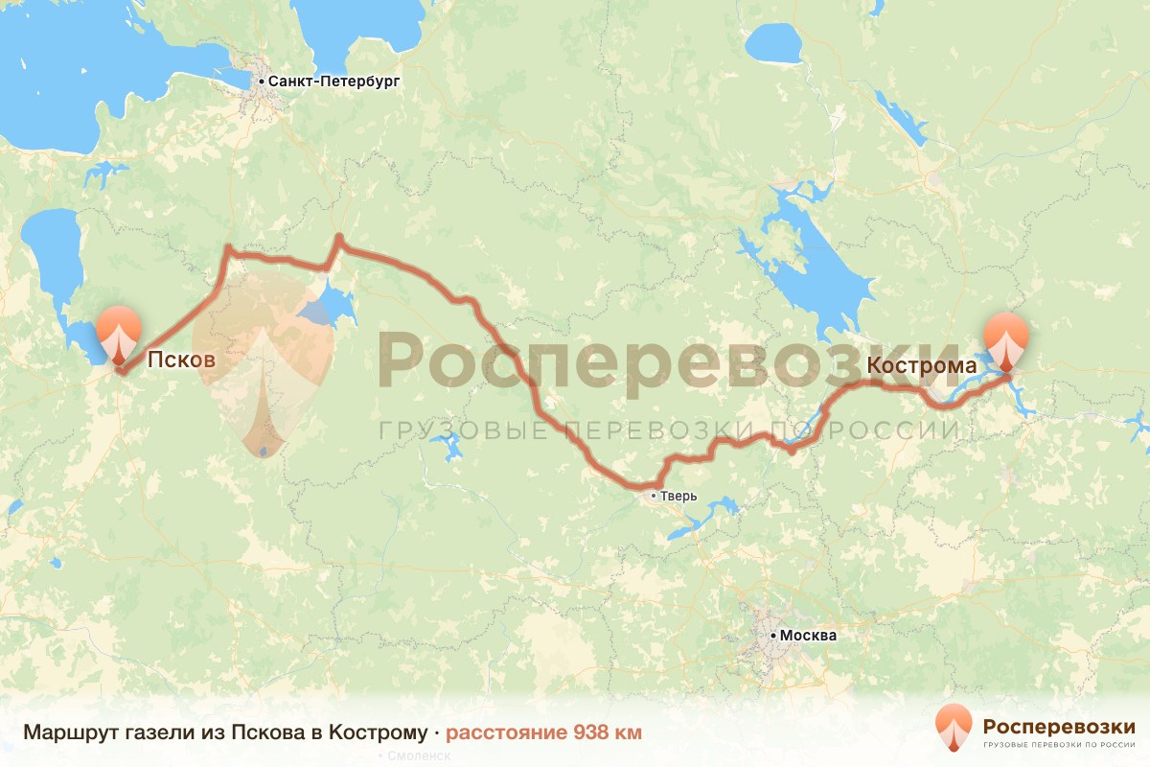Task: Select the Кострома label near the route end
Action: click(x=921, y=365)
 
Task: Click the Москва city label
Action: click(x=809, y=636)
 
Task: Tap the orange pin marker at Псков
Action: click(x=118, y=335)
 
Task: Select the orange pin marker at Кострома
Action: click(x=1006, y=340)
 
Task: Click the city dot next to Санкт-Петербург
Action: click(x=261, y=82)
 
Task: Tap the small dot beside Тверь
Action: click(x=654, y=496)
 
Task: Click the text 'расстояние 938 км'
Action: click(x=543, y=733)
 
